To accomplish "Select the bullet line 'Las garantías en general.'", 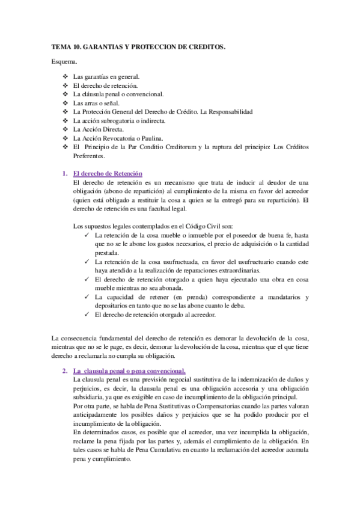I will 106,77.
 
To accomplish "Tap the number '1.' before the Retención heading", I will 66,174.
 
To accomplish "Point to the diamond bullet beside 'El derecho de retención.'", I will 66,86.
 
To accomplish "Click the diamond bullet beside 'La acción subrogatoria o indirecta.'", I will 66,121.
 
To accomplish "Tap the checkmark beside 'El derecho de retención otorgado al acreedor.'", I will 88,314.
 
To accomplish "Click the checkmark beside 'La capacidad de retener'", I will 88,296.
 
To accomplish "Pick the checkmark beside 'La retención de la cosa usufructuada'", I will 88,262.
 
